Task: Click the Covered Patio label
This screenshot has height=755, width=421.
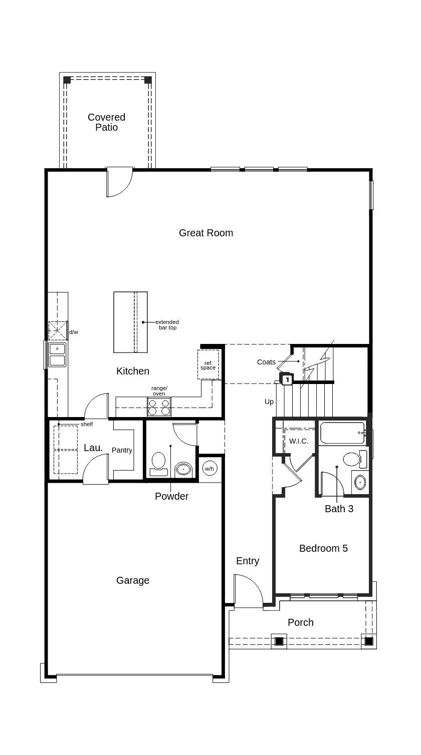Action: tap(106, 122)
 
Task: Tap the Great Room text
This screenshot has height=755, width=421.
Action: tap(205, 233)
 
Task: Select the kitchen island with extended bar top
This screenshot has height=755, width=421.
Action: tap(130, 322)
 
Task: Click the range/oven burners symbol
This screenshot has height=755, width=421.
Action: tap(159, 407)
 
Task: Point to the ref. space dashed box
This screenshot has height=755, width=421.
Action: tap(208, 364)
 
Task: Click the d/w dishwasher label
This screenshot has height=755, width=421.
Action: tap(74, 332)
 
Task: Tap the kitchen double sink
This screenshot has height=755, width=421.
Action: tap(57, 354)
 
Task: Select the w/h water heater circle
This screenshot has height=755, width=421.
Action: tap(209, 469)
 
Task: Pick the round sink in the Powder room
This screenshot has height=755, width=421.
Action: tap(183, 470)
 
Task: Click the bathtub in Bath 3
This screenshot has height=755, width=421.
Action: tap(342, 433)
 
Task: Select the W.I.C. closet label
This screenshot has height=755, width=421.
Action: tap(299, 441)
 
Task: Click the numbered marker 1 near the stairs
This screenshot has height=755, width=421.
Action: tap(287, 380)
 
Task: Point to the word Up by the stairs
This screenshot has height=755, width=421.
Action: tap(269, 402)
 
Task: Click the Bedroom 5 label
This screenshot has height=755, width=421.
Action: tap(323, 548)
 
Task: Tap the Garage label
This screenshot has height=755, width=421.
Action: tap(133, 580)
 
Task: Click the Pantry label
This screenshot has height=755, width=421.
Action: tap(122, 450)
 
